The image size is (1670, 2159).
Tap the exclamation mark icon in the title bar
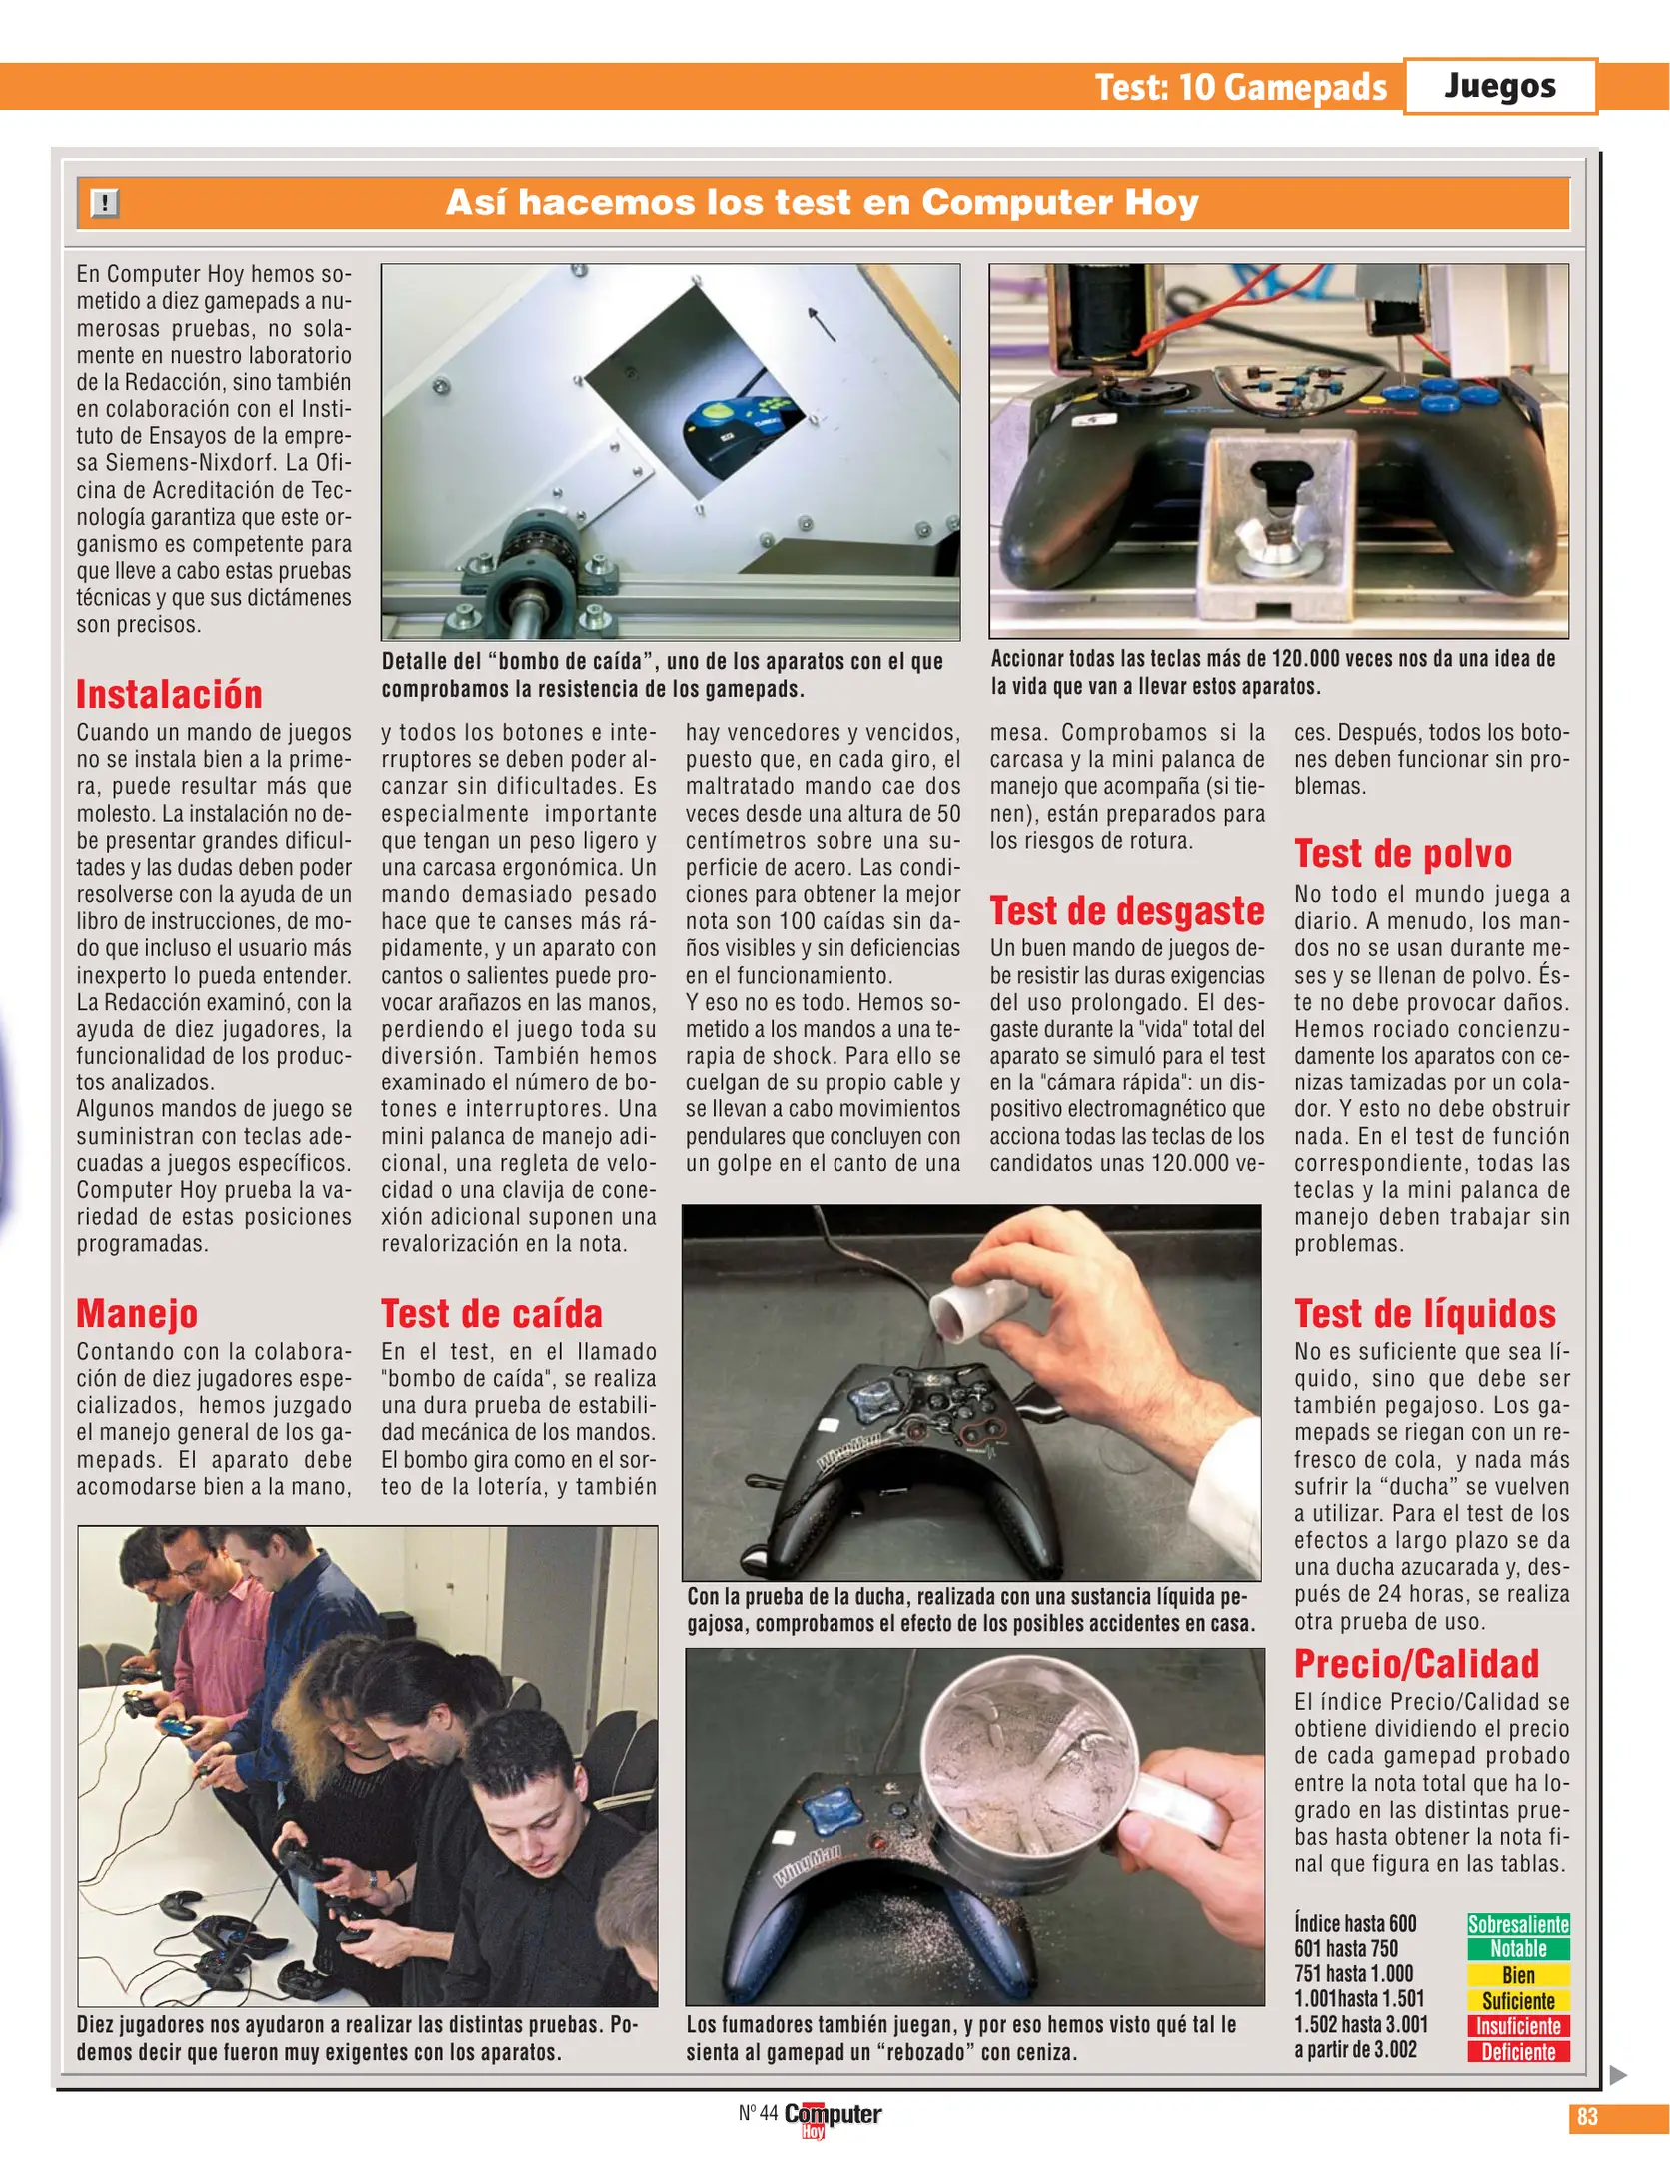(x=105, y=203)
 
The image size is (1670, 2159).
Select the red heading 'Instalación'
(x=169, y=694)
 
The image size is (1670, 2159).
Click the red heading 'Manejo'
(x=137, y=1313)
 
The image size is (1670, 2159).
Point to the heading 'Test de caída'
(x=491, y=1313)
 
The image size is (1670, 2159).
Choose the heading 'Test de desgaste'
(x=1126, y=911)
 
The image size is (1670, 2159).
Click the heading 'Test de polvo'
(x=1402, y=854)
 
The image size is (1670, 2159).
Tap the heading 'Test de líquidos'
(x=1424, y=1313)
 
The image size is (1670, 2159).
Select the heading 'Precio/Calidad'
(x=1416, y=1664)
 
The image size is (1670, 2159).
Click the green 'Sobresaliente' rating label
(x=1517, y=1924)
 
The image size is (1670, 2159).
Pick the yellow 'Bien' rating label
(x=1517, y=1975)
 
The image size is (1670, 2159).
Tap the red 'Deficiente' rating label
(x=1517, y=2052)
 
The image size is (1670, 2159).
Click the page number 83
(x=1586, y=2117)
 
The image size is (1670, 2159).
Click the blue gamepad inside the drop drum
(x=741, y=424)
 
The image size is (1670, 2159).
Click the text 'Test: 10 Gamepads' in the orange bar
(x=1240, y=87)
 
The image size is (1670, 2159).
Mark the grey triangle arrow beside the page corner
(x=1618, y=2075)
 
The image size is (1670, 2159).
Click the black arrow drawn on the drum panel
(x=822, y=324)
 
